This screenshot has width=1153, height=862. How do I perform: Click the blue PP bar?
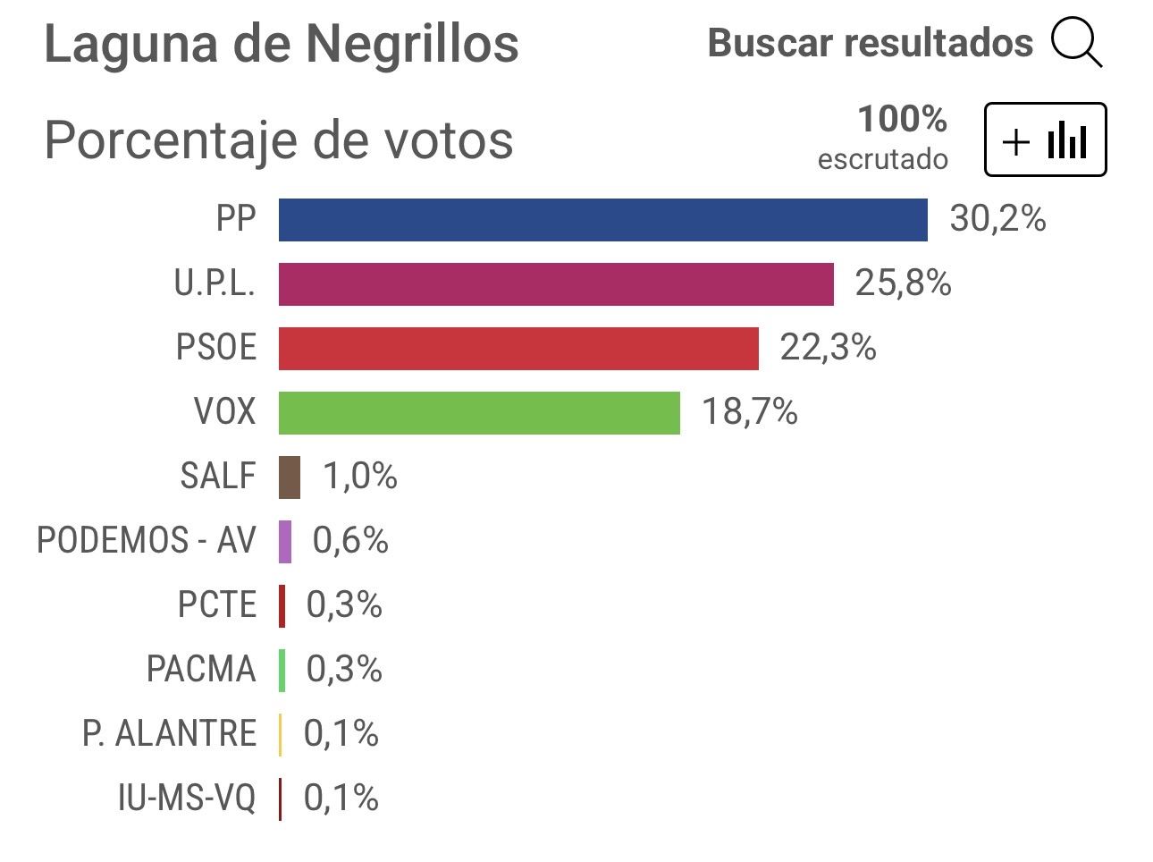pos(602,220)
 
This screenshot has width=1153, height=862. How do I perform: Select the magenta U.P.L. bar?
pos(556,284)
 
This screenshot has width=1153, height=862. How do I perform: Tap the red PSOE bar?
pos(518,349)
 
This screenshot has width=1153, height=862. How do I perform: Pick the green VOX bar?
pos(479,413)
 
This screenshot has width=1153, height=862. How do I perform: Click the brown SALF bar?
pos(290,477)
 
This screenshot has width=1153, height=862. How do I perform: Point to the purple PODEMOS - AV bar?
pos(285,542)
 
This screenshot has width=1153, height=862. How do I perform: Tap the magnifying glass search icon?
pos(1076,43)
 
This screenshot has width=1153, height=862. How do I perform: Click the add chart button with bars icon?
pos(1045,140)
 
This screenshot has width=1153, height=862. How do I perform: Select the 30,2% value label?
pos(997,219)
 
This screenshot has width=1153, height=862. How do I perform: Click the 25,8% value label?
pos(903,283)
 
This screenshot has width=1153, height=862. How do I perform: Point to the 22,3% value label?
pos(828,348)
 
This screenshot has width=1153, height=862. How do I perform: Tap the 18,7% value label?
pos(749,412)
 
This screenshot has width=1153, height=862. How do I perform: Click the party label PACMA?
pos(201,670)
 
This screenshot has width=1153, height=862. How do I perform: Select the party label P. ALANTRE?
pos(169,734)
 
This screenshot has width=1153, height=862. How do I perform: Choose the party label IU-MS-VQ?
pos(187,799)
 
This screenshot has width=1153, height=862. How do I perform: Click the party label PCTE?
pos(217,605)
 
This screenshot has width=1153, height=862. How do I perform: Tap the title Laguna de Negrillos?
pos(282,45)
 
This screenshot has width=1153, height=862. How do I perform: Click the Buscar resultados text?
pos(870,43)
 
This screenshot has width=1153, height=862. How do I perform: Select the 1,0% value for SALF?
pos(360,477)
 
